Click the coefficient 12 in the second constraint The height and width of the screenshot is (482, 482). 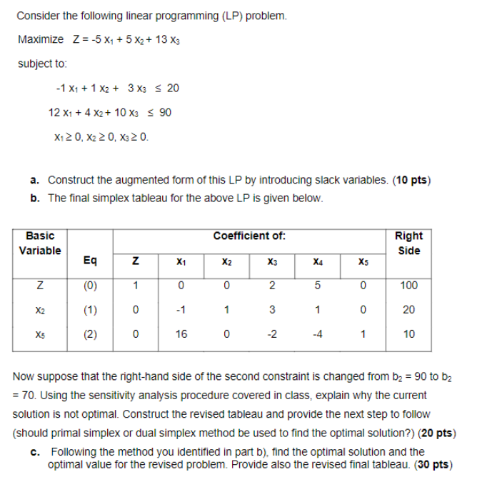[x=54, y=113]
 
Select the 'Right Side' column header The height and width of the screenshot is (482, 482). [x=408, y=243]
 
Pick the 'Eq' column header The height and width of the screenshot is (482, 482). [x=91, y=262]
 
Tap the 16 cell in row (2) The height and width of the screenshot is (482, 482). [x=182, y=333]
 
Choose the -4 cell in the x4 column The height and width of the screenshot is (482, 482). [x=316, y=333]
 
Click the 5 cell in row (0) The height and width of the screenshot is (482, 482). [x=316, y=286]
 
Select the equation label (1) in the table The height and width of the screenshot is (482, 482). [x=91, y=310]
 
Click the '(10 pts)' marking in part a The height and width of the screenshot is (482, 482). [x=413, y=180]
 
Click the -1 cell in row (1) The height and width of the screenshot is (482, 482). [x=182, y=310]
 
